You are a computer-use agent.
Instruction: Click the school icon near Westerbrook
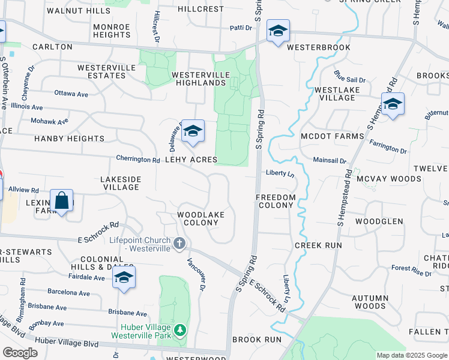[278, 31]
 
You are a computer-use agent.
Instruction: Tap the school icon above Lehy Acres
[193, 131]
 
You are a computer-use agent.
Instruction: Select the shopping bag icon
[62, 201]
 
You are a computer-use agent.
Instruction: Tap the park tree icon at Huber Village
[179, 331]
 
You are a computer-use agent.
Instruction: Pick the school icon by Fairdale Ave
[124, 278]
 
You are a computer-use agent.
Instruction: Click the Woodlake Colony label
[201, 218]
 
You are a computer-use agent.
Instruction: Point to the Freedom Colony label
[276, 201]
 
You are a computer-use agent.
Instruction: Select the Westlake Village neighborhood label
[335, 94]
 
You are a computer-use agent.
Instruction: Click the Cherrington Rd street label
[139, 160]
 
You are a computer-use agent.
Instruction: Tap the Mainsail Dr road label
[330, 160]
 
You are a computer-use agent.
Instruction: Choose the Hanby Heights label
[70, 139]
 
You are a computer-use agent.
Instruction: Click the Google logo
[20, 353]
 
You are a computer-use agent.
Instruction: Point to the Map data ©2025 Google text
[412, 355]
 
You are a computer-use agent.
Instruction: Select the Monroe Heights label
[112, 31]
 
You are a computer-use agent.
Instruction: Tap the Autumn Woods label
[369, 302]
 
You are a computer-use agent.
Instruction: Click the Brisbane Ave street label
[128, 313]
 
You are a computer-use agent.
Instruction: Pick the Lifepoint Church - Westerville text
[140, 244]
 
